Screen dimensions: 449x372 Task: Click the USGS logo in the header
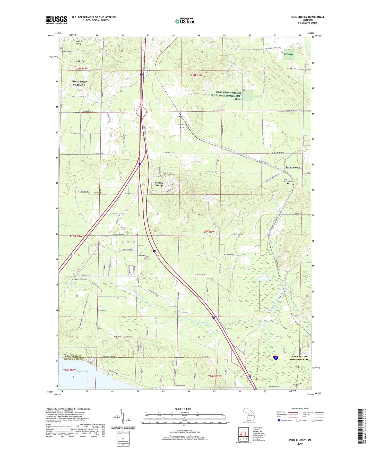(57, 20)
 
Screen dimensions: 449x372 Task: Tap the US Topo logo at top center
(185, 21)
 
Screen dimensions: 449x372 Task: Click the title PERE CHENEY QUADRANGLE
(307, 17)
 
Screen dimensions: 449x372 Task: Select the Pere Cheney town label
(293, 167)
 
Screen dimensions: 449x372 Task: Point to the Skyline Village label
(159, 184)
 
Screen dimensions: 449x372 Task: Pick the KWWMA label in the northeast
(289, 55)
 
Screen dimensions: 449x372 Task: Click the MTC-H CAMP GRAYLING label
(79, 83)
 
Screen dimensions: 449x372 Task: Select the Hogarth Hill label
(67, 51)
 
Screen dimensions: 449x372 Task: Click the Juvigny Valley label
(79, 42)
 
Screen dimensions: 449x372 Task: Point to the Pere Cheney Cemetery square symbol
(288, 184)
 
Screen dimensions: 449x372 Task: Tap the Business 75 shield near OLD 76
(276, 357)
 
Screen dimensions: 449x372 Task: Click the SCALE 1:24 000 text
(183, 409)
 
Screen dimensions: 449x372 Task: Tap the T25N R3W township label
(208, 232)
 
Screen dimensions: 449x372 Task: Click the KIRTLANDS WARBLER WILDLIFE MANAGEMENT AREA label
(226, 96)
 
